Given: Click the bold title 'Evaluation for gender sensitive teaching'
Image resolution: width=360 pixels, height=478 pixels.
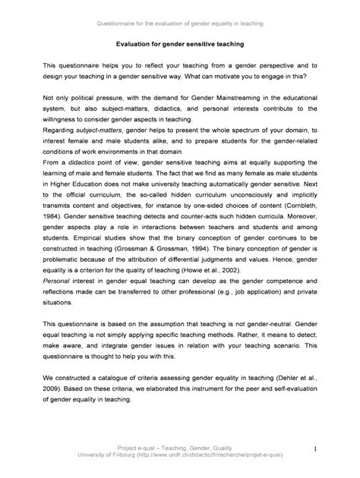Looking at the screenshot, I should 179,46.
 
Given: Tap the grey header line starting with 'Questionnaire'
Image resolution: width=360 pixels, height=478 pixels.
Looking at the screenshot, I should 179,24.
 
